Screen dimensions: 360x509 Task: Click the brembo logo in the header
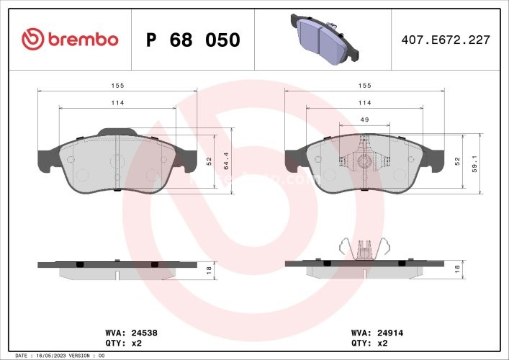[70, 39]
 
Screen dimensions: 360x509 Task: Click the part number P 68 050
[192, 40]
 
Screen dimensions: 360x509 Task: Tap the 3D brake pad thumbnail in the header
[322, 39]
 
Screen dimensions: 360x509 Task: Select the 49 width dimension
[364, 120]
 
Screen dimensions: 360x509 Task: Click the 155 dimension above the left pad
[117, 85]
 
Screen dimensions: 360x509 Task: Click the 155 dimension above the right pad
[364, 85]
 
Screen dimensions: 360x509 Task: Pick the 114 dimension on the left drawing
[117, 103]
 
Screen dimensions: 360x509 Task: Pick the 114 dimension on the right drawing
[364, 103]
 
